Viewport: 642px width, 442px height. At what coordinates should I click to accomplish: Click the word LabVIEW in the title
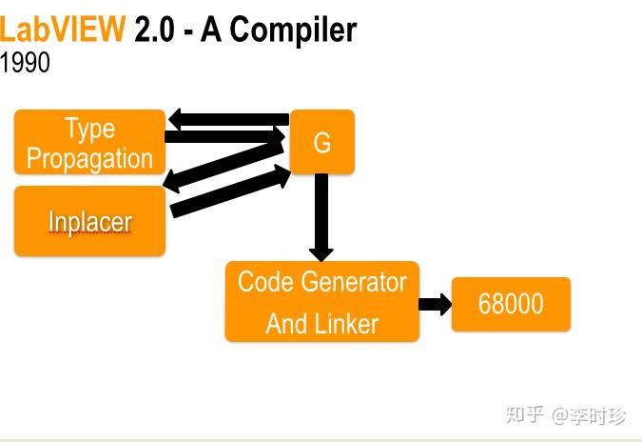63,30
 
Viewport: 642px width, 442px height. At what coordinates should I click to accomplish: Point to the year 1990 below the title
25,64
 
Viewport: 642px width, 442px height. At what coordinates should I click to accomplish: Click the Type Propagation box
89,142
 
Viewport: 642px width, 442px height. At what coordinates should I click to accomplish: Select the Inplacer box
89,221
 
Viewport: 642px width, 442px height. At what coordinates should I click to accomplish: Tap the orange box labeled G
321,142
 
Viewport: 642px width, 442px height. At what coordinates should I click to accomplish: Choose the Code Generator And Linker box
321,301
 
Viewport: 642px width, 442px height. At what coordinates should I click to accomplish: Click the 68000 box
511,304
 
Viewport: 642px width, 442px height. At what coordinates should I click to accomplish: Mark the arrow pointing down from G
321,217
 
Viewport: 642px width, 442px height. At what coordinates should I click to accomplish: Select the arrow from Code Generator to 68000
436,304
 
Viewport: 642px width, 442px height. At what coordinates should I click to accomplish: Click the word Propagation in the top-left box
89,158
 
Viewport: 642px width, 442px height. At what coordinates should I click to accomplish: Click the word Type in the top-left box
89,128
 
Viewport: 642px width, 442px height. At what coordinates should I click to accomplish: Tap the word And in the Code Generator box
285,324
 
